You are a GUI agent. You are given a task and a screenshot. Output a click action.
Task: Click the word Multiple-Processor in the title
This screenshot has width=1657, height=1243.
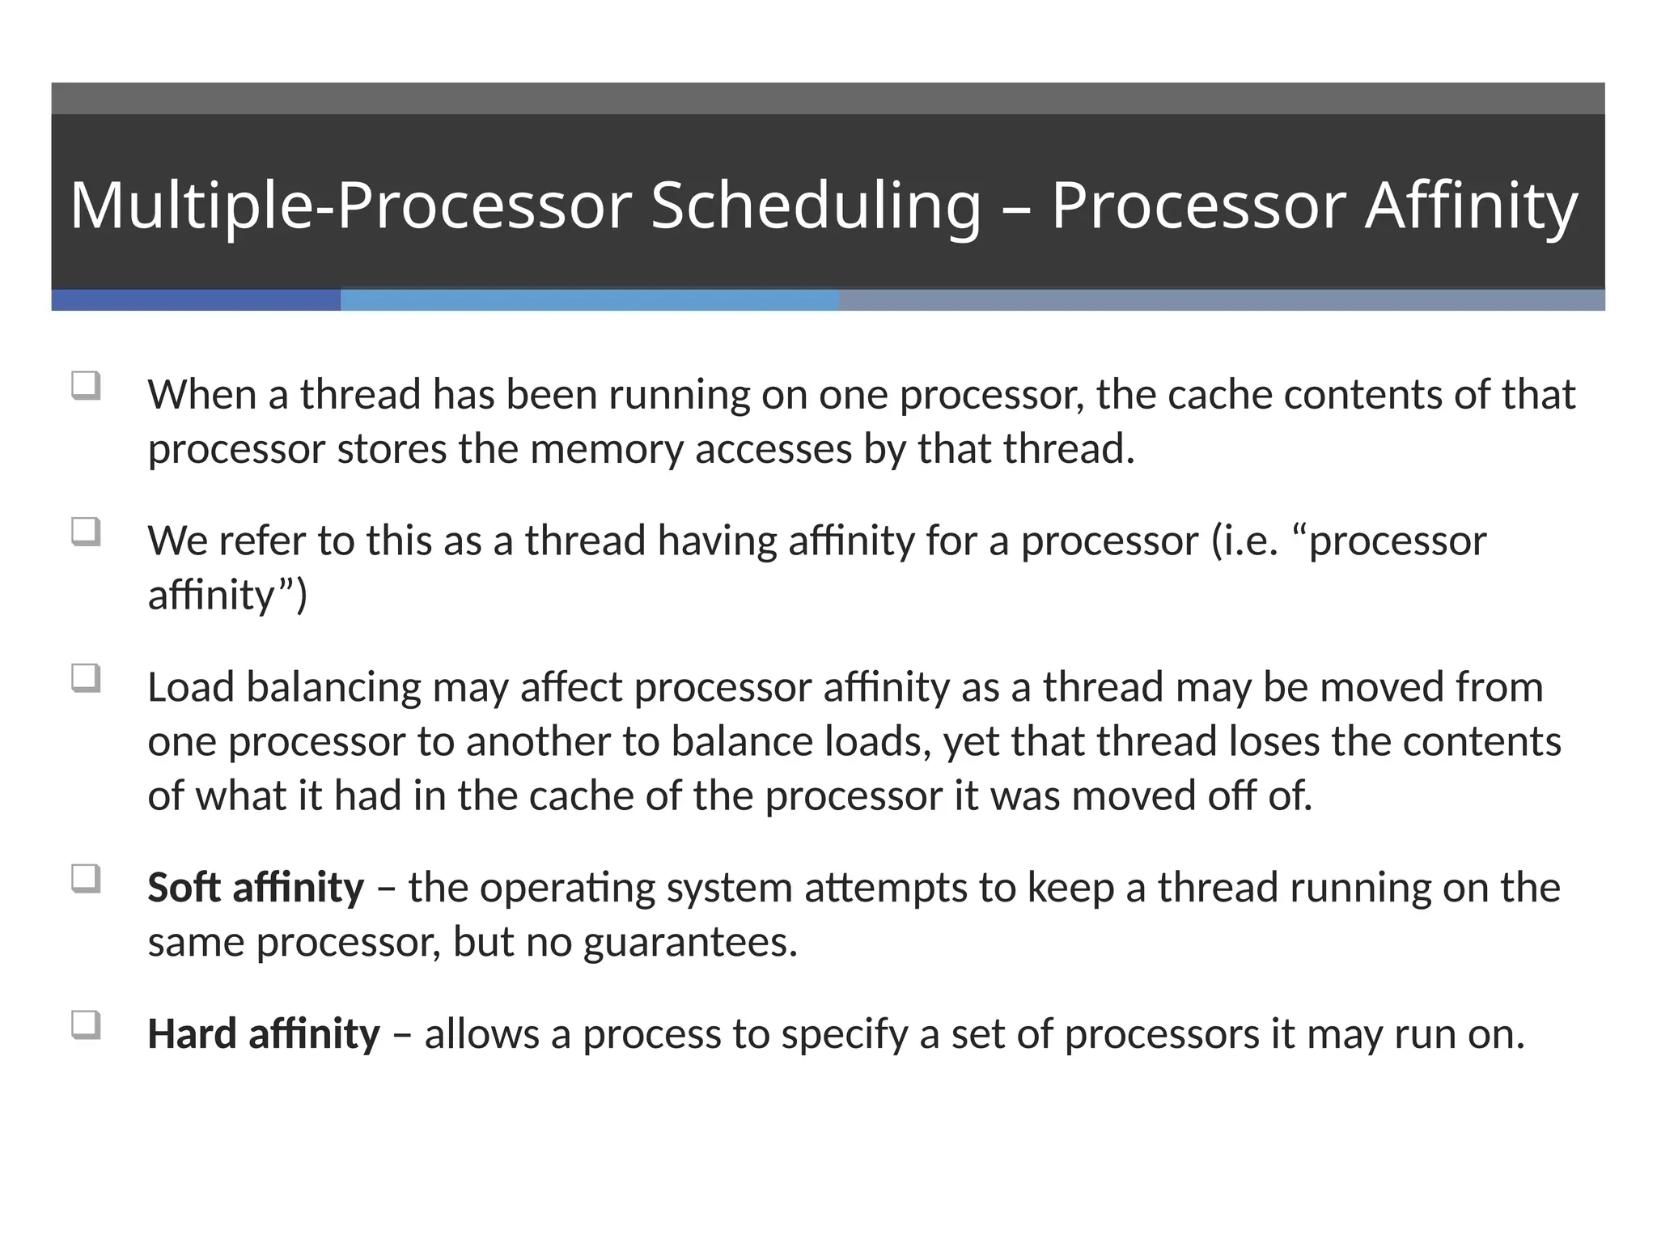coord(350,206)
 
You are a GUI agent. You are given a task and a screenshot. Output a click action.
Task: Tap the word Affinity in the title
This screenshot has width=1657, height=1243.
coord(1472,206)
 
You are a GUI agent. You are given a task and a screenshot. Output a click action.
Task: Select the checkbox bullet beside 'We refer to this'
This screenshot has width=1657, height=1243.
coord(86,532)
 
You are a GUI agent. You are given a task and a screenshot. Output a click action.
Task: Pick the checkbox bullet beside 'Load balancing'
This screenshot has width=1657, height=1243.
coord(86,677)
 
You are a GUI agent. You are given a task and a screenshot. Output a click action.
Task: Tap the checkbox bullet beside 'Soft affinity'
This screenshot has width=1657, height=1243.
coord(86,878)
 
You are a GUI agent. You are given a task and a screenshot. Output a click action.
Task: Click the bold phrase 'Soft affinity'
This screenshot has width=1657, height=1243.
coord(256,887)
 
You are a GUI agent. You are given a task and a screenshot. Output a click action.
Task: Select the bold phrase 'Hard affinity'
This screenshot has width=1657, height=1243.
coord(263,1033)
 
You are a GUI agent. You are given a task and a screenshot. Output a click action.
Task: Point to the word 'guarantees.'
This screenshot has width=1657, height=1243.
coord(690,942)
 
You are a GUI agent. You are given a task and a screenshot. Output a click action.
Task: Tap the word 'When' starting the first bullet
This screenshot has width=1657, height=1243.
coord(202,395)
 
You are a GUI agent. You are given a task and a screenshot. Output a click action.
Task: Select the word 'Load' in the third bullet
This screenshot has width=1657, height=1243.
coord(191,687)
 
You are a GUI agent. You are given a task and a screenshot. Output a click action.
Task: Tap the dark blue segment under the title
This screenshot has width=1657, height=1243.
coord(196,300)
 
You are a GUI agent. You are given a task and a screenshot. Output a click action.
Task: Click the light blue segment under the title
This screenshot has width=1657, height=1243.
coord(589,300)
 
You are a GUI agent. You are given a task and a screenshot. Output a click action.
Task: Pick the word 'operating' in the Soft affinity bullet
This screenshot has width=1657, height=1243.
coord(572,889)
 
